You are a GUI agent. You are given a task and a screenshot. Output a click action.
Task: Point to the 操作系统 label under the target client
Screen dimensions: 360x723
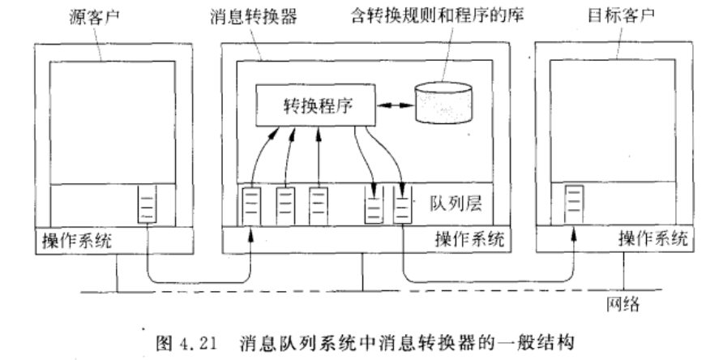(x=652, y=240)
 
